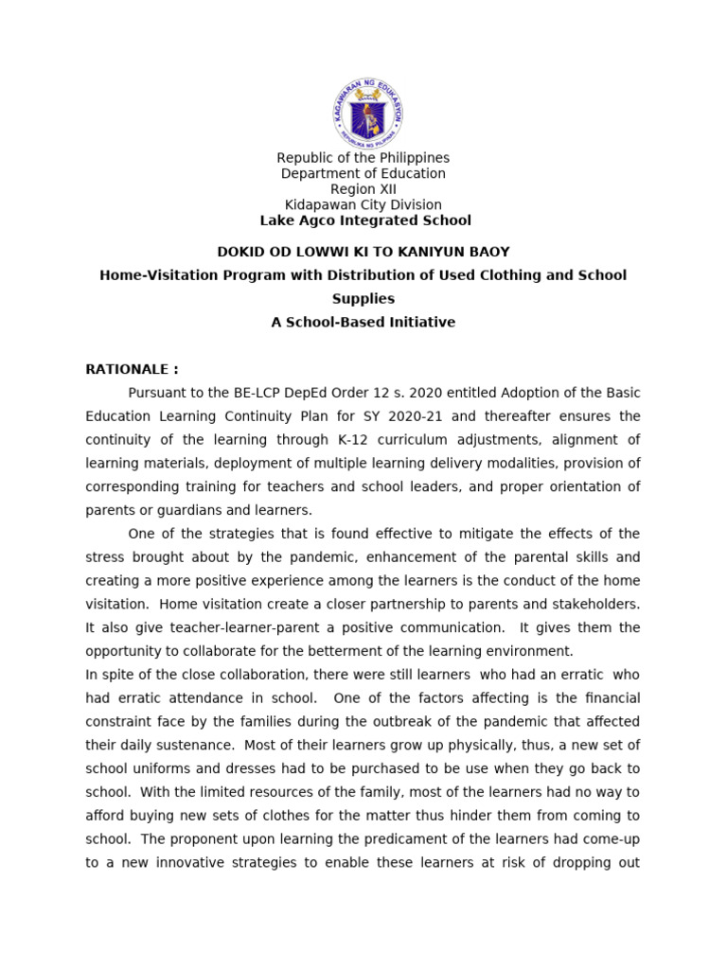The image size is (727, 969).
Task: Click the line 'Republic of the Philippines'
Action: (363, 158)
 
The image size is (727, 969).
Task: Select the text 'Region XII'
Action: (363, 189)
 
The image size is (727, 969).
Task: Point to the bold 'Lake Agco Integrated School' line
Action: (364, 220)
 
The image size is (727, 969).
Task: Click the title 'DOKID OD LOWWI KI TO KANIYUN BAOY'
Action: (363, 252)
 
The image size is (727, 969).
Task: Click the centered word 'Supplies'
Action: (363, 299)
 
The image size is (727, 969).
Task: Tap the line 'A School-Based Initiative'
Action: (363, 323)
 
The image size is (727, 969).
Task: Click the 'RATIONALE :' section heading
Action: (132, 369)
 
